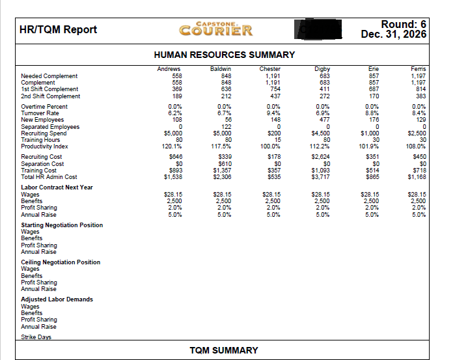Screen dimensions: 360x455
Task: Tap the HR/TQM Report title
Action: (x=58, y=29)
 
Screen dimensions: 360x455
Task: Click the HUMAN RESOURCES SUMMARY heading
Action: (x=224, y=55)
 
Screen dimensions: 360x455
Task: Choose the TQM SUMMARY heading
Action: (x=224, y=350)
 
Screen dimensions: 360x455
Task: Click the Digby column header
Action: (x=322, y=68)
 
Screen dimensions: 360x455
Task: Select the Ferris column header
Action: (x=418, y=68)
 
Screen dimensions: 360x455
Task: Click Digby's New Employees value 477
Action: (x=323, y=120)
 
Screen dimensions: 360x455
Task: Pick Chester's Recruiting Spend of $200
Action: (x=273, y=132)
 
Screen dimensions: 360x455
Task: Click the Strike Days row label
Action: (x=36, y=337)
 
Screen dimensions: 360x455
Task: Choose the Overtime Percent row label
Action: (x=44, y=106)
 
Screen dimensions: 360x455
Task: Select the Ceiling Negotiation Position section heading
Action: (x=61, y=262)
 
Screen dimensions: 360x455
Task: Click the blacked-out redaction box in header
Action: (x=317, y=29)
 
